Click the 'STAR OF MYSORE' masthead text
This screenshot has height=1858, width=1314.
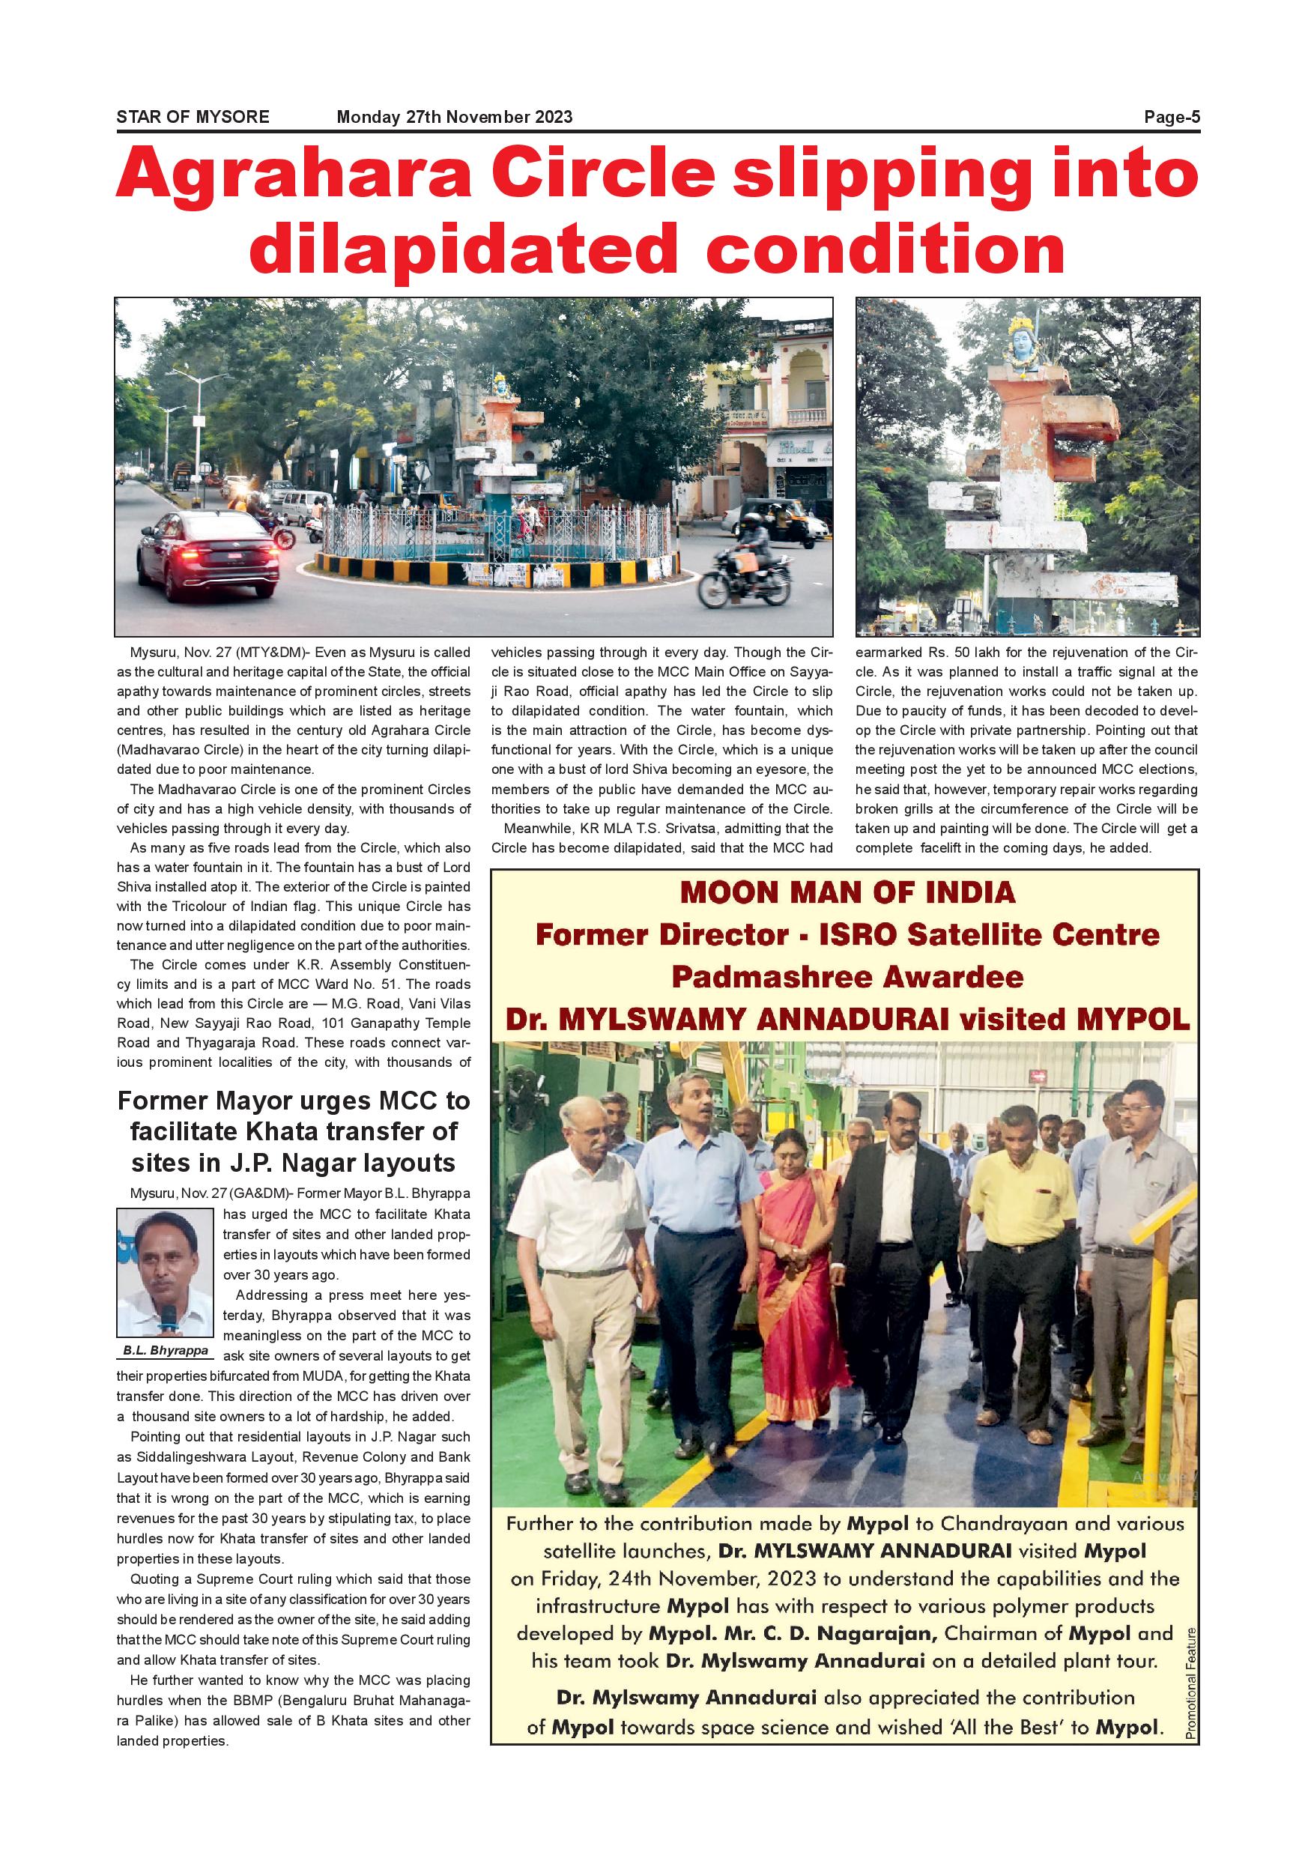point(193,117)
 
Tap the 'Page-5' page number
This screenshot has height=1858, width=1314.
point(1171,117)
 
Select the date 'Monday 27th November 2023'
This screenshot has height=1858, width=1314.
point(454,117)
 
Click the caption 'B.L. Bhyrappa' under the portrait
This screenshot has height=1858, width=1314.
point(165,1351)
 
